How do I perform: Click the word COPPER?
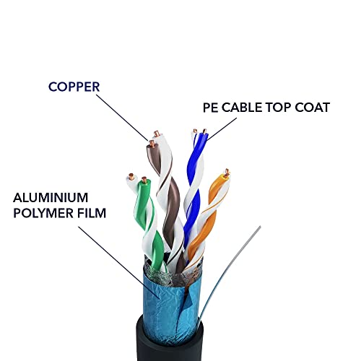point(74,87)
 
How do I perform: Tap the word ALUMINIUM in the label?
point(51,198)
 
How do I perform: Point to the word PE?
point(210,108)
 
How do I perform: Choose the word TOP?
point(278,108)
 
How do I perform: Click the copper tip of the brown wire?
point(152,144)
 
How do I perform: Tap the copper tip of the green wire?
point(144,180)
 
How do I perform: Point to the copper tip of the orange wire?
point(227,173)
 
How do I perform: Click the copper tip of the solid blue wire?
point(204,131)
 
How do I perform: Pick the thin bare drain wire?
point(230,274)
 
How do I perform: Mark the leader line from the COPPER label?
point(122,118)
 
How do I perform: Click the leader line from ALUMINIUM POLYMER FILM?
point(119,262)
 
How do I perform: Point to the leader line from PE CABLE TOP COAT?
point(222,129)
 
